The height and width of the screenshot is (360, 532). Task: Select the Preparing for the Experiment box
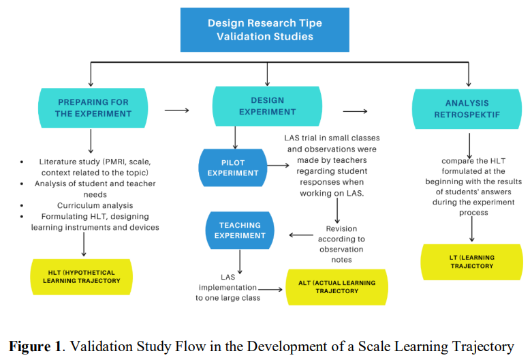92,108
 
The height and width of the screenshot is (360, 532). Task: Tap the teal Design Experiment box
267,107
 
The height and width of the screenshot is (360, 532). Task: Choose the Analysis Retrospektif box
467,109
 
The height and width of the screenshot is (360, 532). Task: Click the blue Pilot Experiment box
233,167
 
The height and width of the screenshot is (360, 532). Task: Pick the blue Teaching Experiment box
240,230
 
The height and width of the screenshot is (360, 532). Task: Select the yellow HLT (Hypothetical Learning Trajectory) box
81,275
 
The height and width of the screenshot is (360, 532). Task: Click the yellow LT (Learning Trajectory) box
472,261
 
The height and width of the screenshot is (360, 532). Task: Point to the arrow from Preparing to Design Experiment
177,110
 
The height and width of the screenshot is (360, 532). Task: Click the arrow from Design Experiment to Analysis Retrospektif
355,111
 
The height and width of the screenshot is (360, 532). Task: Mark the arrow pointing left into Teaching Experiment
300,235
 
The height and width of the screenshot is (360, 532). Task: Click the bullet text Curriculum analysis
95,205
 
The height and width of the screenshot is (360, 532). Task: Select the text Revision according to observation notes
341,244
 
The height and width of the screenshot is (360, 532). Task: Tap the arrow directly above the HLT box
83,244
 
